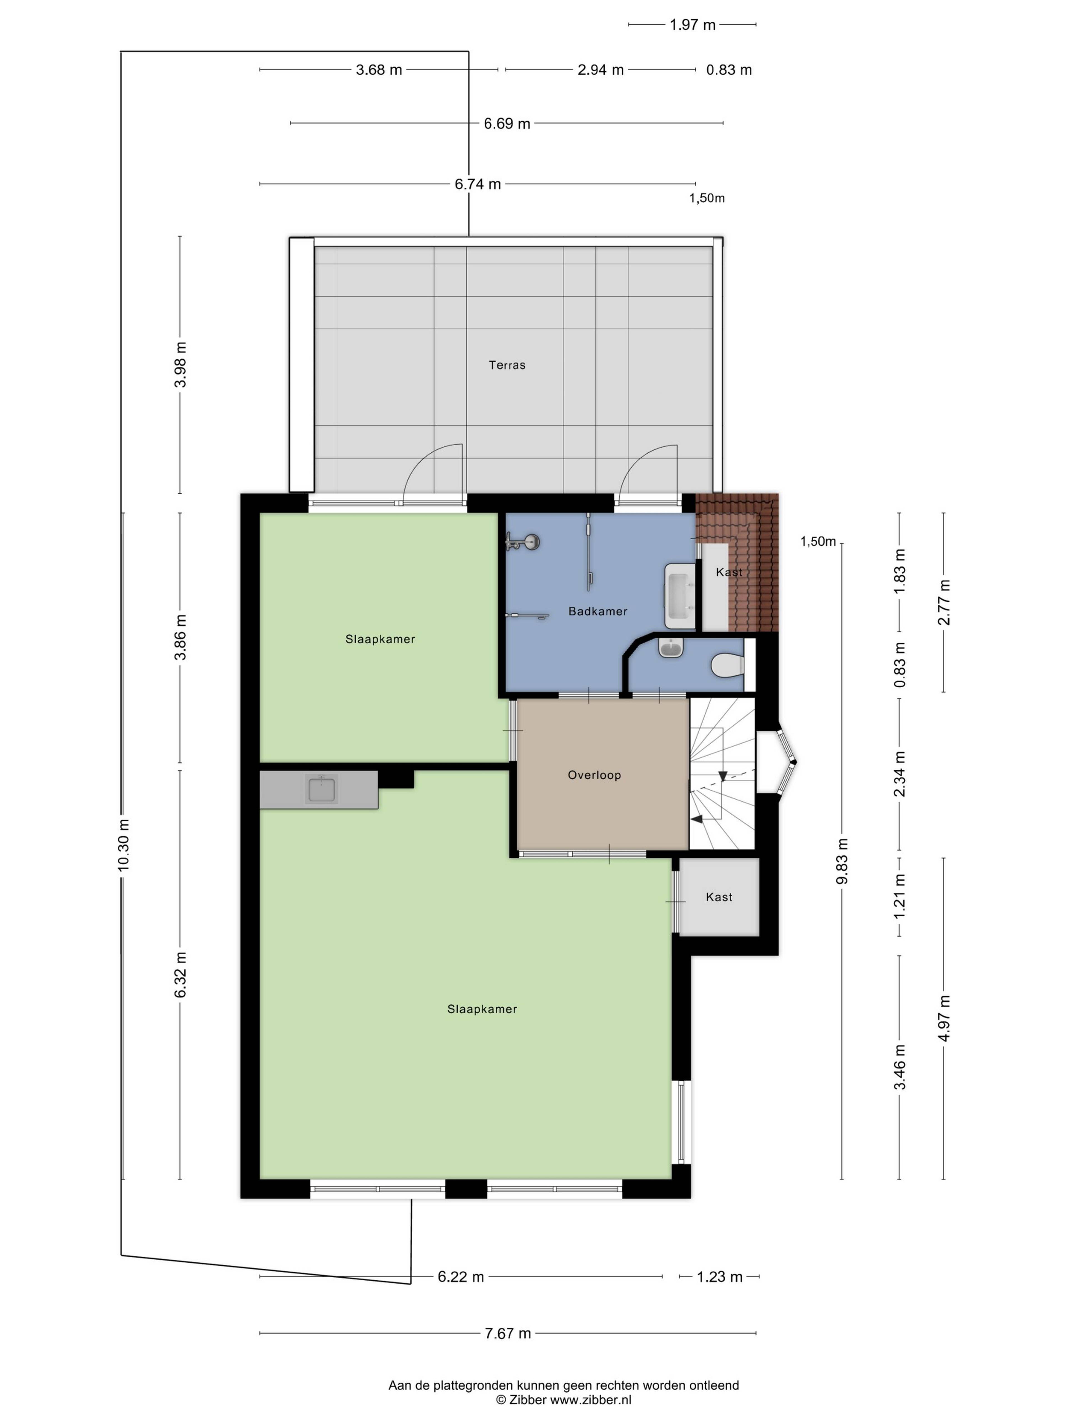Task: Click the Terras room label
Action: pos(507,365)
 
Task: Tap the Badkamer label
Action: pos(597,611)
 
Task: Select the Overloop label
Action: pos(594,775)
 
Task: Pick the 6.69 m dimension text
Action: pos(507,123)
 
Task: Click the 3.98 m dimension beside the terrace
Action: pos(181,365)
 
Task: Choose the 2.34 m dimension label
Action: pos(899,774)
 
